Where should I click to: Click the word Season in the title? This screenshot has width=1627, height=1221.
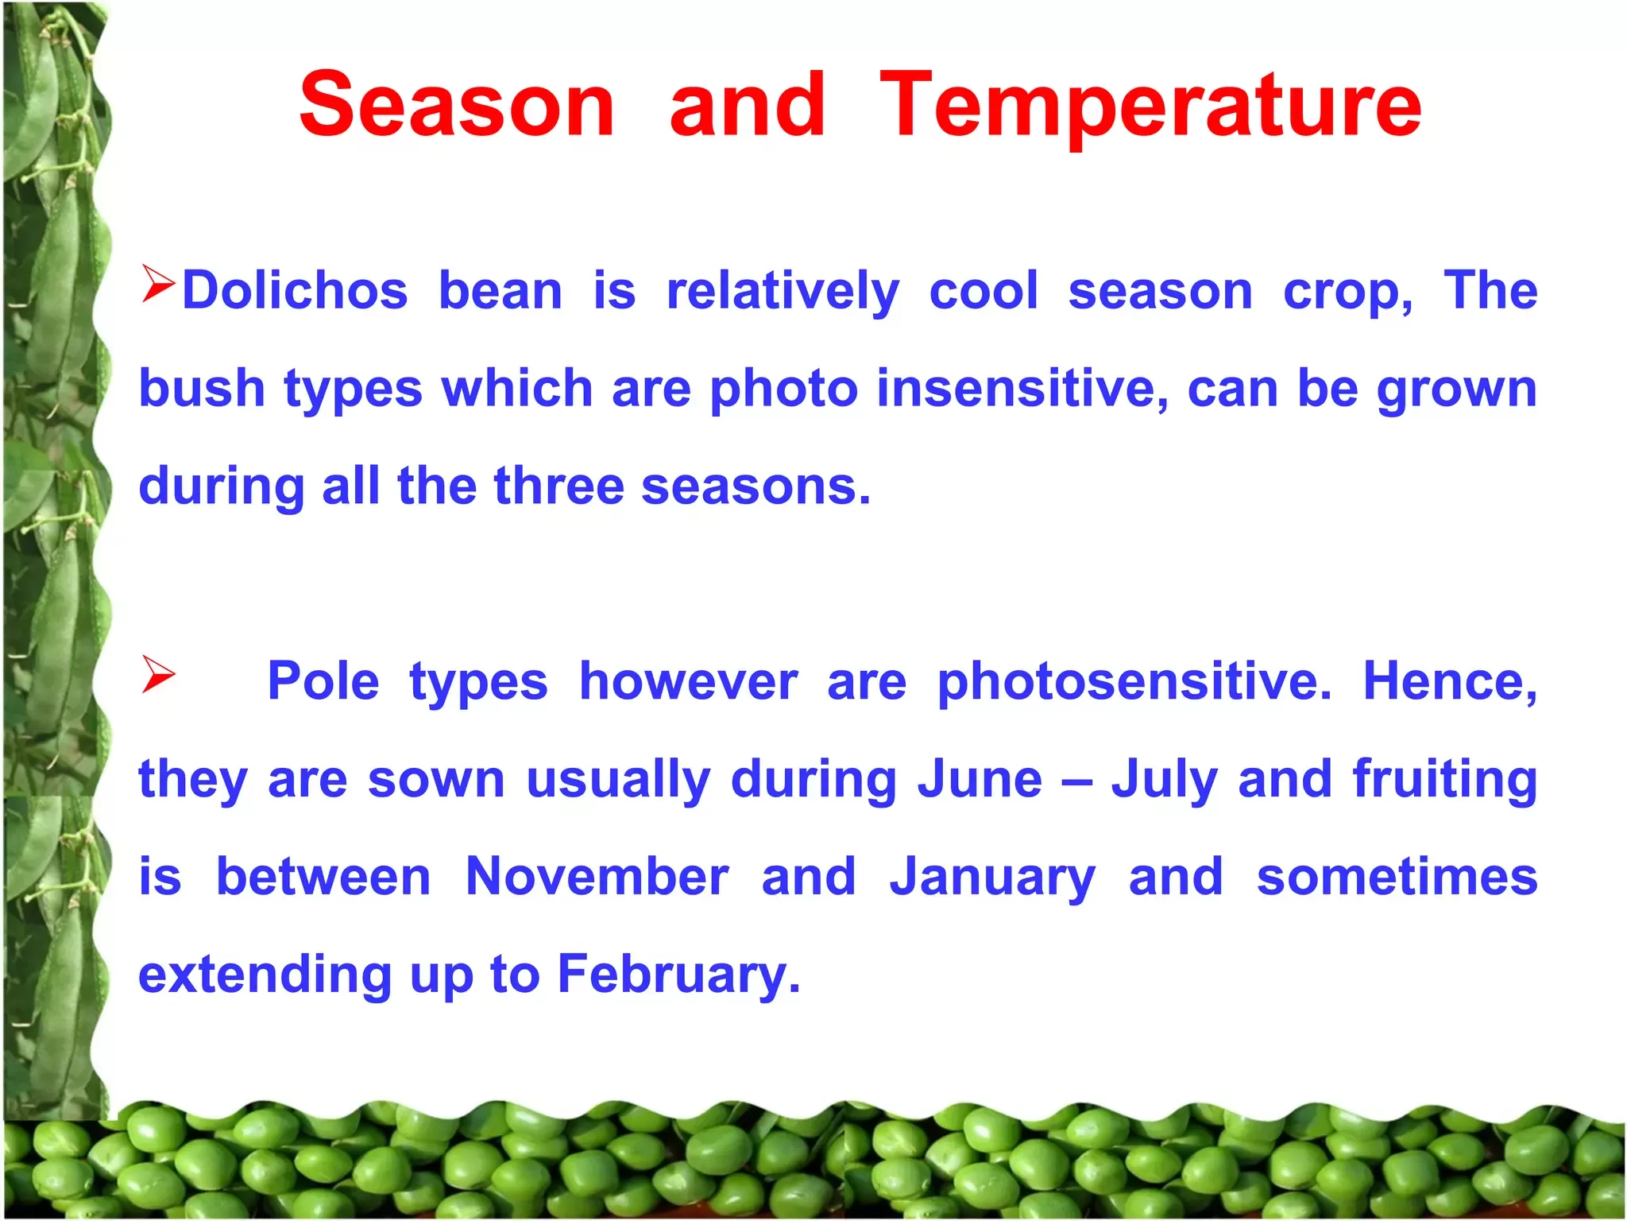point(457,105)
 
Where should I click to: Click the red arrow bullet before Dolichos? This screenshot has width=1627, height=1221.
point(158,285)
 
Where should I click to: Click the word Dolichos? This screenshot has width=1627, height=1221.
point(295,290)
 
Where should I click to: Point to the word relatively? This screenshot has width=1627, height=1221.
point(783,293)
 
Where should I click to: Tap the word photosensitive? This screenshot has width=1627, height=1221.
point(1134,683)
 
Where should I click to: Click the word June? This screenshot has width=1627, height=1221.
point(980,779)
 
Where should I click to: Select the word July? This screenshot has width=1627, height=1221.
point(1165,781)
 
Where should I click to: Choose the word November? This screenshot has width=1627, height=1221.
point(597,877)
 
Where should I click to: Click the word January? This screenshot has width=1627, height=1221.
point(992,879)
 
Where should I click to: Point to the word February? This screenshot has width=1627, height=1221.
point(678,976)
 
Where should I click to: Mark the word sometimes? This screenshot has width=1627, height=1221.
point(1397,877)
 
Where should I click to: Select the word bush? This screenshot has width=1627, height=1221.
point(202,389)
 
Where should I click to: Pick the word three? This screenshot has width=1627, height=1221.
point(558,486)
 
